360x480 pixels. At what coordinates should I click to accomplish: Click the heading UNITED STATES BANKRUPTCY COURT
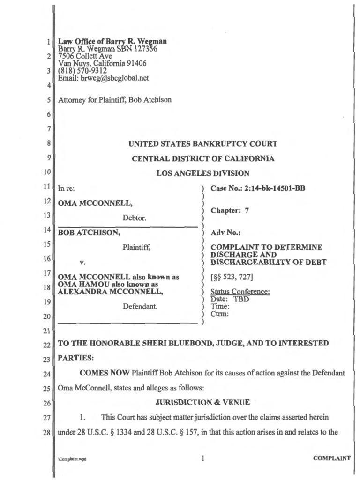coord(203,144)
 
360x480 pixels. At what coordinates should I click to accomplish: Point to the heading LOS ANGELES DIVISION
coord(202,173)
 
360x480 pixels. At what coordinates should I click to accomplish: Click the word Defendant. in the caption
coord(140,307)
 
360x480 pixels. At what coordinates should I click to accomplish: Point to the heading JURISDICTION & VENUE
coord(202,402)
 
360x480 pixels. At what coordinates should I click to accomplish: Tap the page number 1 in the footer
coord(202,459)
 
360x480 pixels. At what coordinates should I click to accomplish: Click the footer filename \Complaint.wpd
coord(72,460)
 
